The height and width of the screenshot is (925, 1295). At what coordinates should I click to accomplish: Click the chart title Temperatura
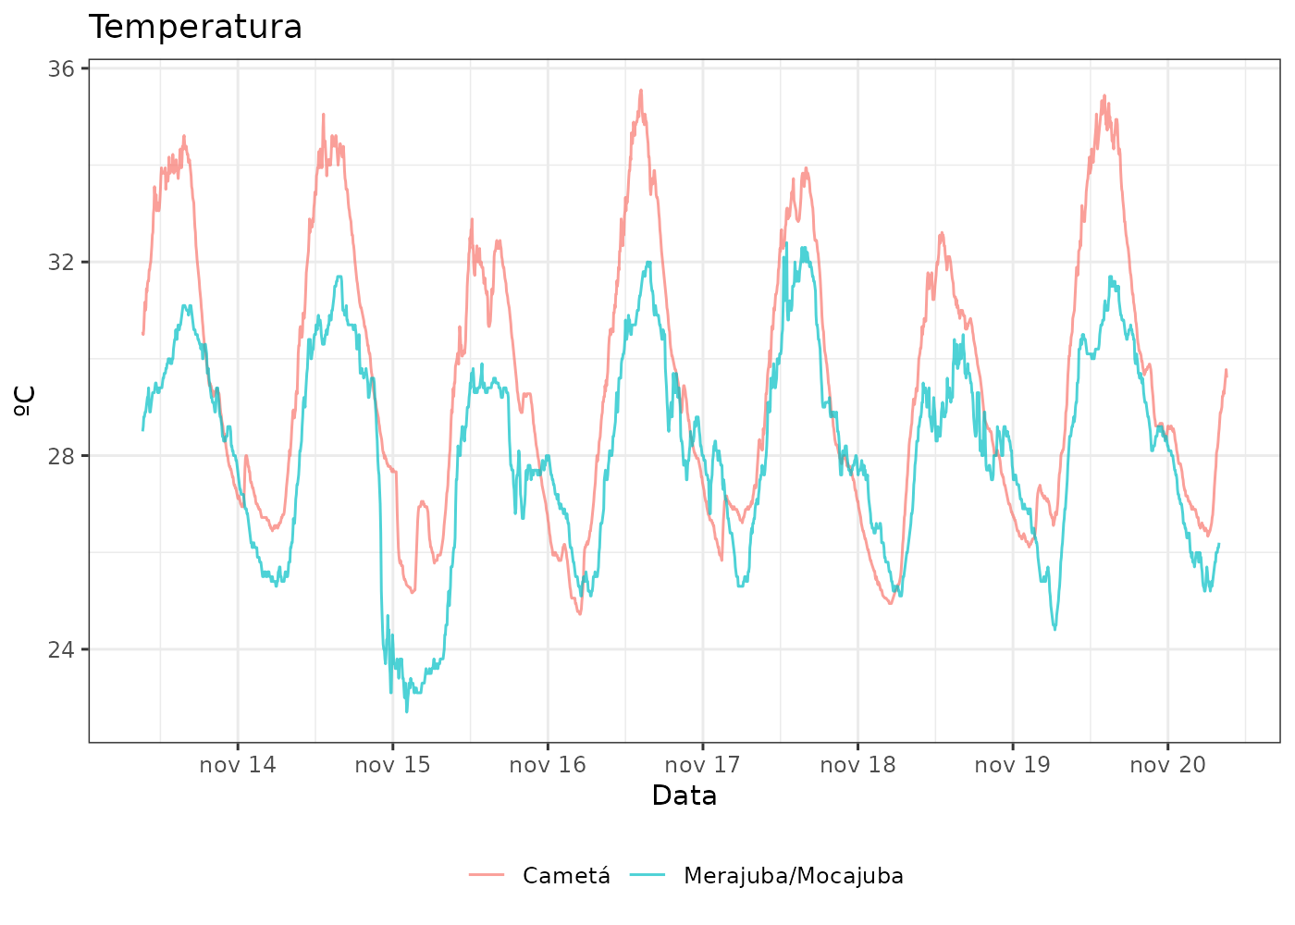click(195, 27)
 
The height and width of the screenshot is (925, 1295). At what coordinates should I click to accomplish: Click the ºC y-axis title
click(25, 401)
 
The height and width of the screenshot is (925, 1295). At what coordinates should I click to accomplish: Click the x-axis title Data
click(684, 795)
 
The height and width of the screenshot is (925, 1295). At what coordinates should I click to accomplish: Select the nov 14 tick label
click(238, 765)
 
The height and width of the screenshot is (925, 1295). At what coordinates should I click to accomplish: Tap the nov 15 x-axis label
click(392, 765)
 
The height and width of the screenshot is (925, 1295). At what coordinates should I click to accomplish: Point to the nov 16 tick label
click(548, 765)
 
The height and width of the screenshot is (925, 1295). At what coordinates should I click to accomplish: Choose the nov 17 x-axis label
click(703, 765)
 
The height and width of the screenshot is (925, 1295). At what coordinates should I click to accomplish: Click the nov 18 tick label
click(857, 765)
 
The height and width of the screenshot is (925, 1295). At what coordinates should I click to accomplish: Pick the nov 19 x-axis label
click(1013, 765)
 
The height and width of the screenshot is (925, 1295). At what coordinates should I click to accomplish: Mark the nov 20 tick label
click(1167, 765)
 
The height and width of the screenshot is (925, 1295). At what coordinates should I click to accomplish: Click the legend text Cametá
click(566, 876)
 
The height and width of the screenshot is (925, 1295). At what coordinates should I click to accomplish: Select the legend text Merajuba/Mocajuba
click(794, 876)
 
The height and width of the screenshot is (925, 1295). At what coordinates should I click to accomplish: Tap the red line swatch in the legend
click(487, 876)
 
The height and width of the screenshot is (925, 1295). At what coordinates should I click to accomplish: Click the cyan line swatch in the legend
click(647, 876)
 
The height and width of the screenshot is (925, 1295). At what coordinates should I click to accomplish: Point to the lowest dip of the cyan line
click(406, 710)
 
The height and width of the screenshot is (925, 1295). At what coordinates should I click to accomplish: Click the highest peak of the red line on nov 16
click(640, 91)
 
